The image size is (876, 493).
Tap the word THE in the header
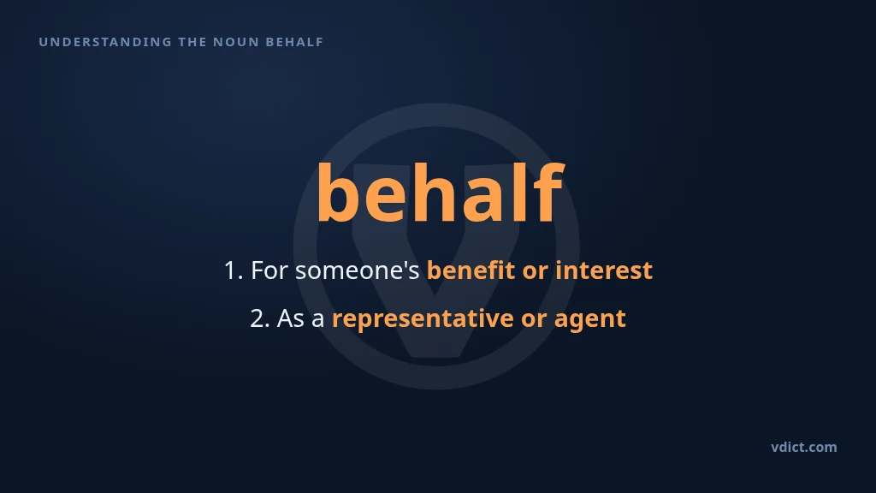click(x=192, y=42)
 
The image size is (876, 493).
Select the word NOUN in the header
click(x=236, y=42)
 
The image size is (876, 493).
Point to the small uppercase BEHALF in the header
click(x=294, y=42)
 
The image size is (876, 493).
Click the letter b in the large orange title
click(x=336, y=192)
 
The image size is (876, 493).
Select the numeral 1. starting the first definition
click(x=233, y=270)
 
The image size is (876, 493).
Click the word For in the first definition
click(x=269, y=270)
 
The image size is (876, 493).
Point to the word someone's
click(x=357, y=270)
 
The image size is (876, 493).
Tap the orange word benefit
click(x=471, y=270)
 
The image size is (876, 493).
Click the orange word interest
click(x=604, y=270)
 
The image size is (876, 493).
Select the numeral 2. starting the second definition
click(x=260, y=318)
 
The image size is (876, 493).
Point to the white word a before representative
click(x=318, y=321)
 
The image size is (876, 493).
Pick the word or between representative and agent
click(x=534, y=321)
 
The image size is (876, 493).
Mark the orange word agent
click(x=590, y=321)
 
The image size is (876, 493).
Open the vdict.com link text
click(x=804, y=447)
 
